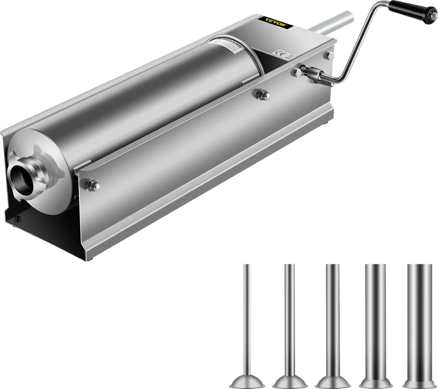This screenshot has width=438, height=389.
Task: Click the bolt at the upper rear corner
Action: (x=330, y=55)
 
